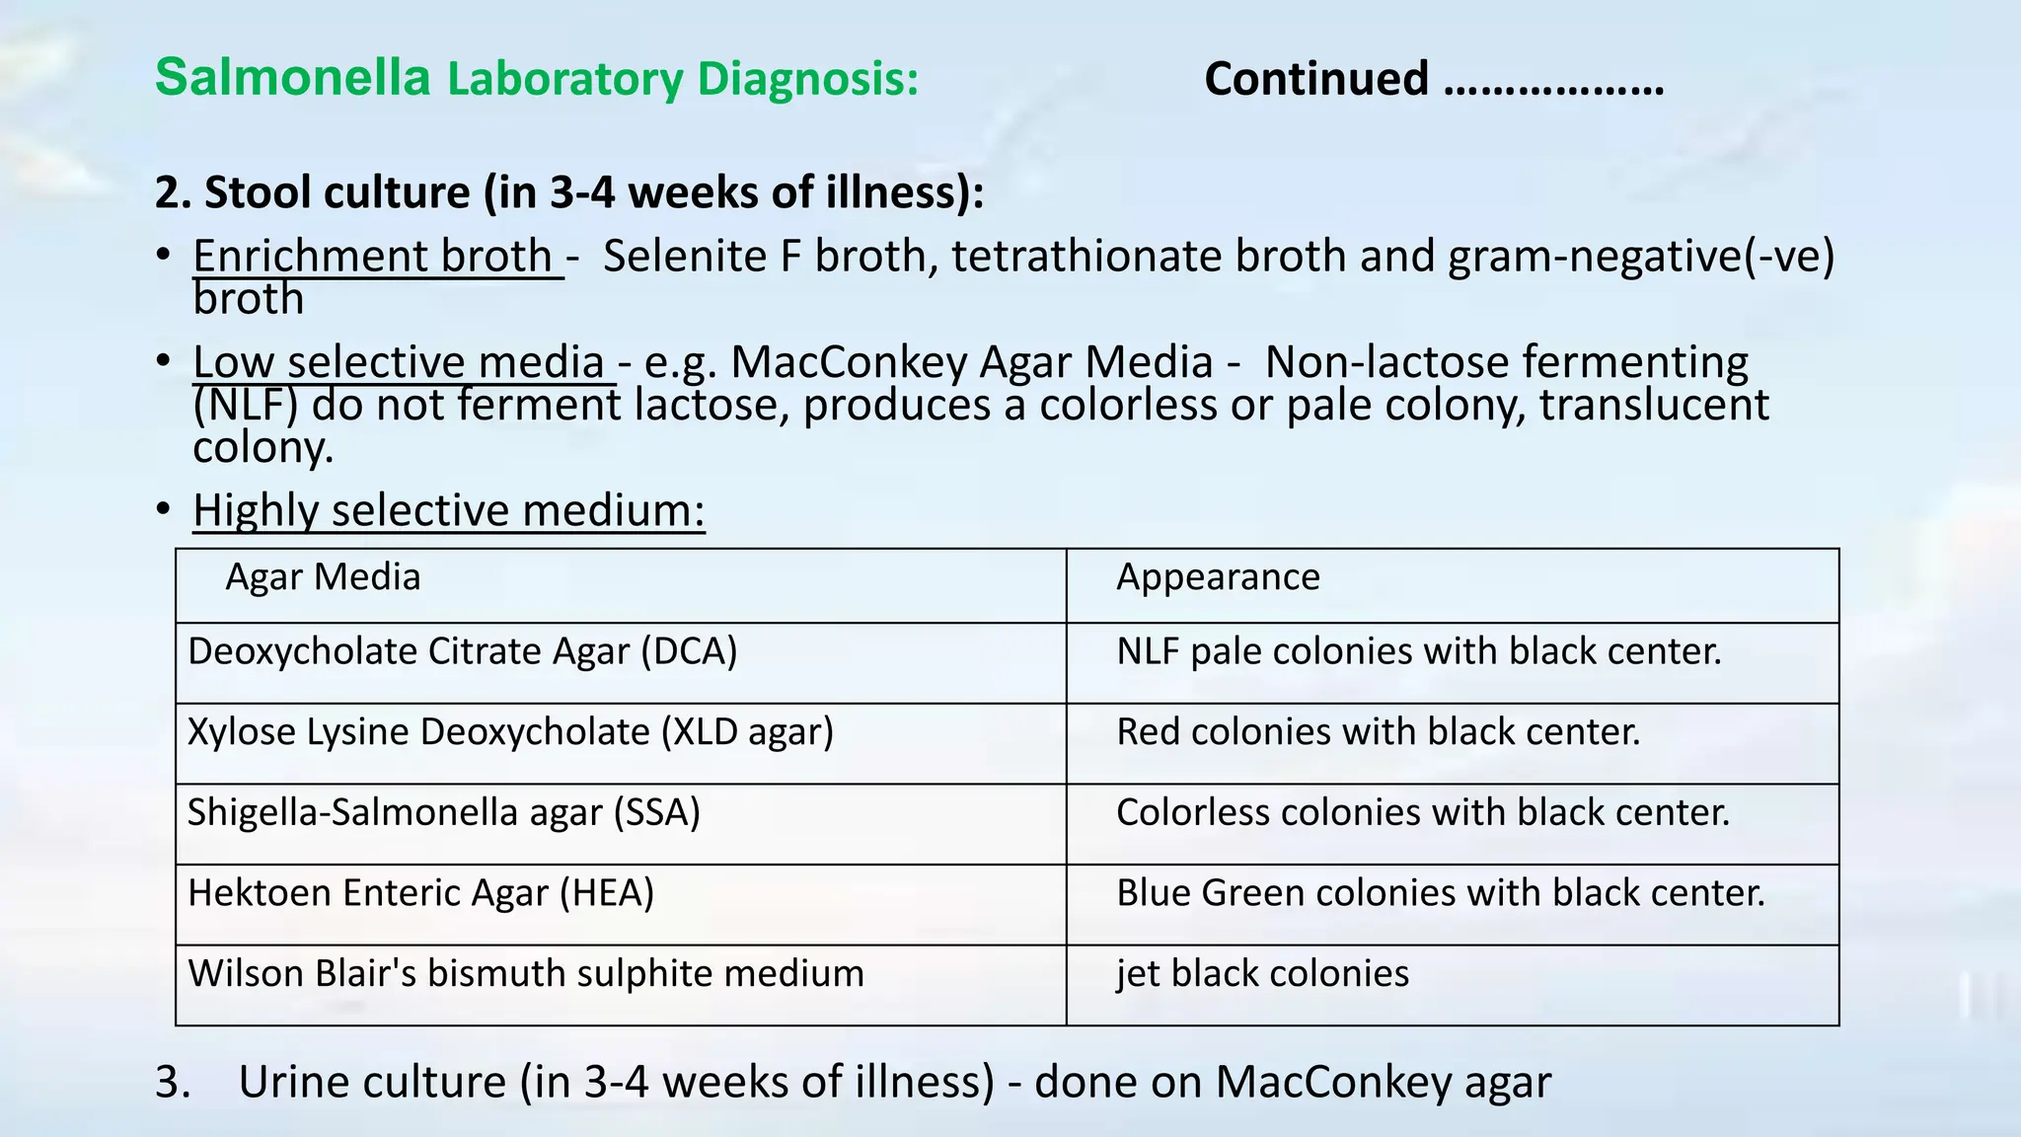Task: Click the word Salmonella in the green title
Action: (292, 77)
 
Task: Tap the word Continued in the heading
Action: (1316, 79)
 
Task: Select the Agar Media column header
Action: (323, 577)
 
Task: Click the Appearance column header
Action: (1218, 577)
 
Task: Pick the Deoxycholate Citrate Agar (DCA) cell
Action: (462, 652)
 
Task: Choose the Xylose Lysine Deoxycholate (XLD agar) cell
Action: (510, 732)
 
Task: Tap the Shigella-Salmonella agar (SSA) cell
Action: (443, 813)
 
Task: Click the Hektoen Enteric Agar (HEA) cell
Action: (420, 893)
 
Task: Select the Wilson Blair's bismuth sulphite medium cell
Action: (526, 974)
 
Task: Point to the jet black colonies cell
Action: (1262, 974)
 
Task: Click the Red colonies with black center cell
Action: (1378, 732)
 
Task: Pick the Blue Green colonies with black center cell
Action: (1440, 893)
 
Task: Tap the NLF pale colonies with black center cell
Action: (1418, 652)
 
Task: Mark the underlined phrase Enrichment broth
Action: (373, 257)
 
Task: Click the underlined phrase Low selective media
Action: (399, 362)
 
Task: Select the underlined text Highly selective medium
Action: (449, 511)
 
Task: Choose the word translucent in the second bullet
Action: (1654, 405)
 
